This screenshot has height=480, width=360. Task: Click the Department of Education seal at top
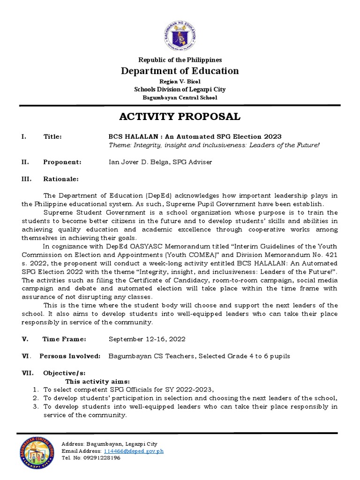(180, 32)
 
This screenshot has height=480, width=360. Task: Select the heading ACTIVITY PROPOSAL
(180, 116)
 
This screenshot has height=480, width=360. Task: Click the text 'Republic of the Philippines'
(180, 60)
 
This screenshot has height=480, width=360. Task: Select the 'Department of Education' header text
(180, 71)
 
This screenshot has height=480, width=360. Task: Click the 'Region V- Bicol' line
(180, 82)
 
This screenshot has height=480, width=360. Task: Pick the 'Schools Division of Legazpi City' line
(180, 89)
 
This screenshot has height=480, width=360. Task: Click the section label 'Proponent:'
(62, 162)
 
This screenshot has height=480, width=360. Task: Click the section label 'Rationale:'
(61, 179)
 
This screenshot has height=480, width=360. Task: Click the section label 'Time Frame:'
(64, 339)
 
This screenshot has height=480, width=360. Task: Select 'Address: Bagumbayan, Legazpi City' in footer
(110, 444)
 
